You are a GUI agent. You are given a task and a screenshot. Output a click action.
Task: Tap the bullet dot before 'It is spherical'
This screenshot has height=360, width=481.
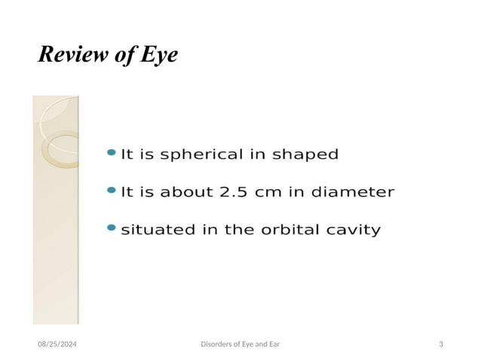tap(112, 153)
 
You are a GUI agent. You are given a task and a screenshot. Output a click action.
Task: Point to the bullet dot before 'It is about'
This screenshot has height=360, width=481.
tap(112, 190)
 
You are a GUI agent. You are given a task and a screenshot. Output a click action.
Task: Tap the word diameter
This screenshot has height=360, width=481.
tap(354, 192)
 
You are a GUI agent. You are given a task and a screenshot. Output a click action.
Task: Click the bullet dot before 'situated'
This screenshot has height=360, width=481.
tap(112, 227)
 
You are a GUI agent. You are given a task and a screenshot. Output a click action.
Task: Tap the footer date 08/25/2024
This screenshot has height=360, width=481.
tap(62, 344)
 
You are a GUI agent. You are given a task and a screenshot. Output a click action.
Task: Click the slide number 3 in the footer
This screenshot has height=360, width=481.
tap(441, 344)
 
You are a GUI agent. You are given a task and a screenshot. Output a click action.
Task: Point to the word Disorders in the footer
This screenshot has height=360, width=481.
tap(216, 344)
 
